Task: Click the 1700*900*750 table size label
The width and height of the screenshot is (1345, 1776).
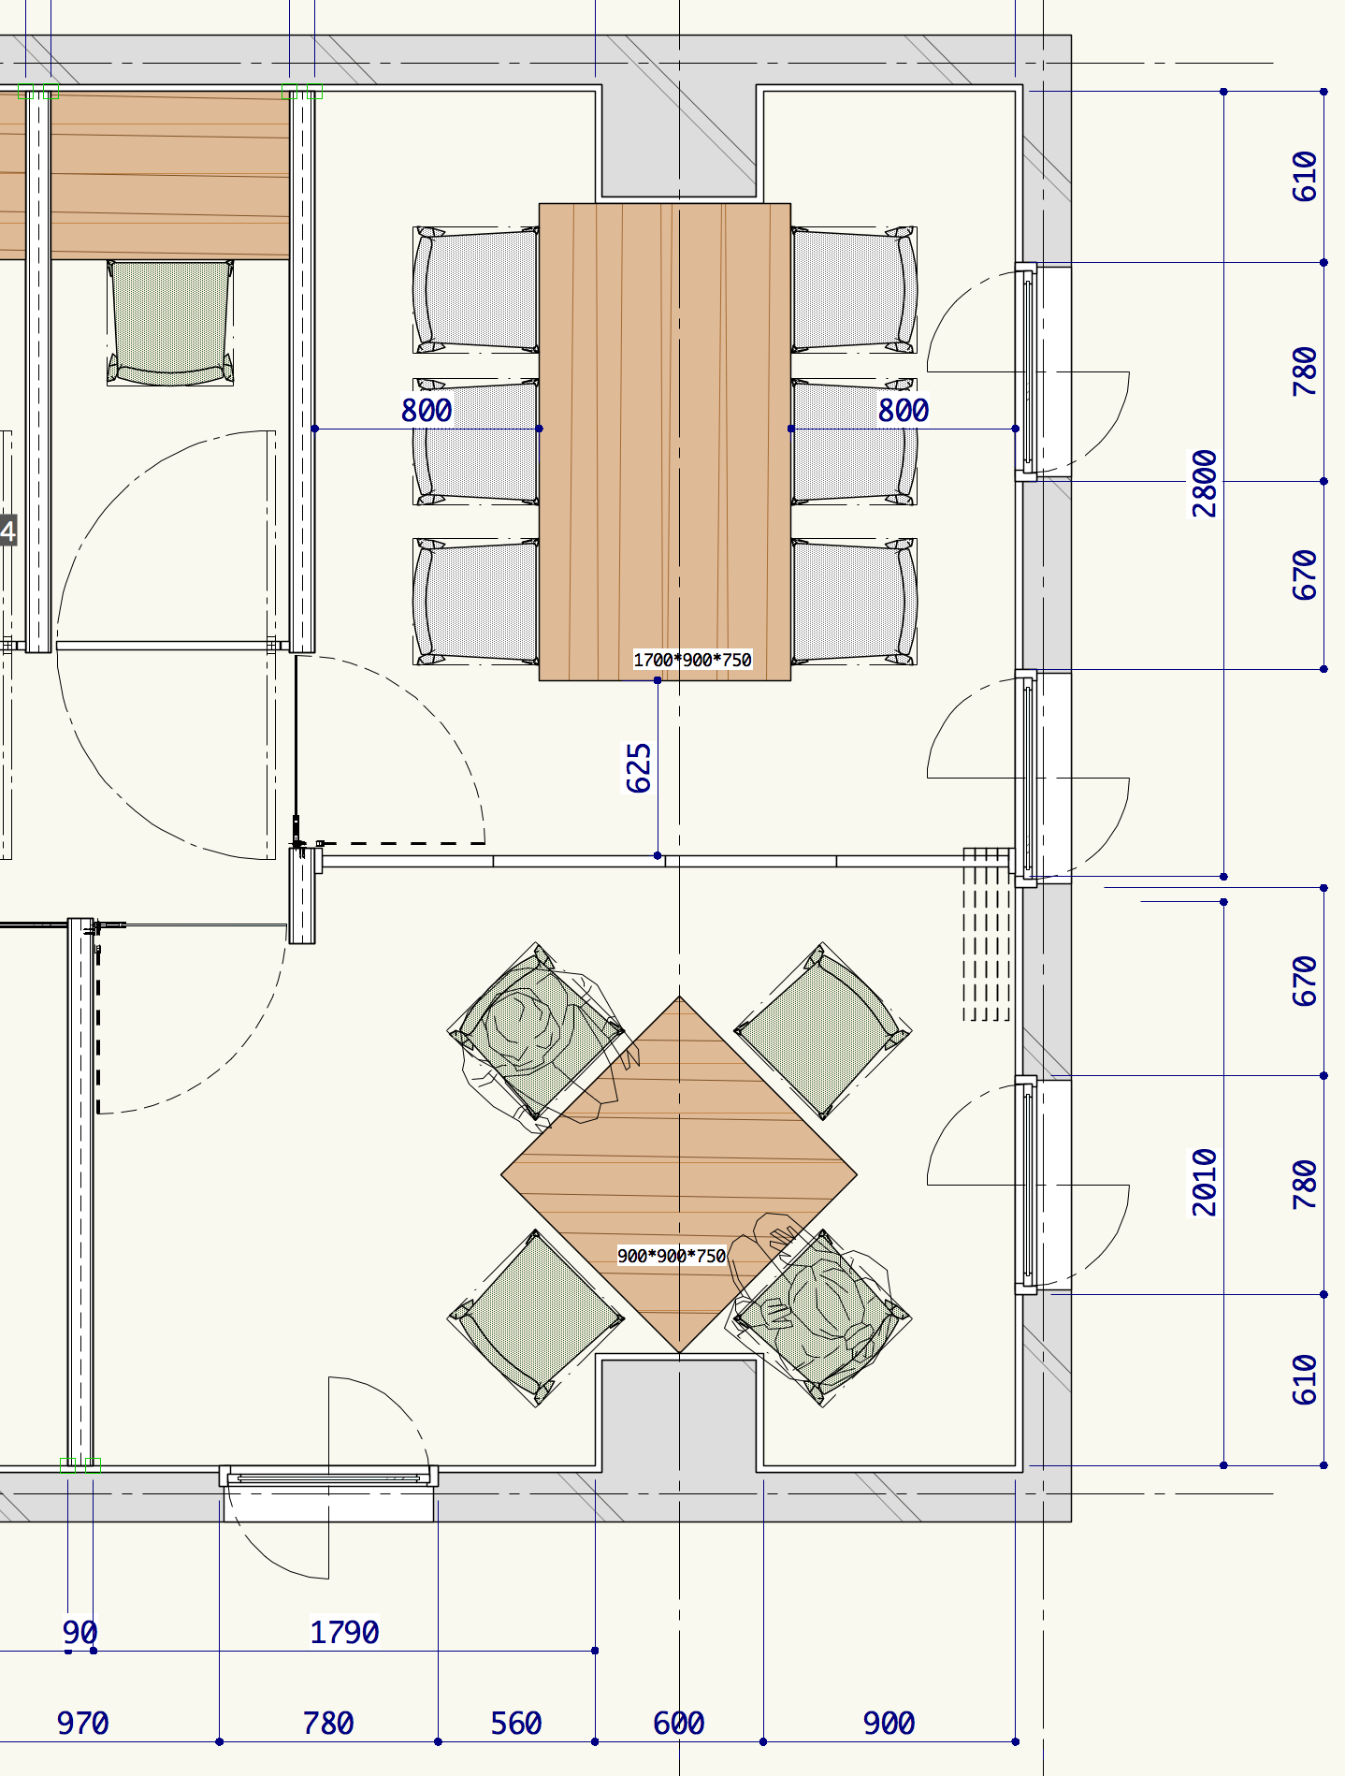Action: click(x=692, y=660)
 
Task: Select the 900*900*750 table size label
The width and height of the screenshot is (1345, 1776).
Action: click(x=672, y=1256)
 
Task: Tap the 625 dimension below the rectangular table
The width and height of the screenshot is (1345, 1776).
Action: click(x=639, y=768)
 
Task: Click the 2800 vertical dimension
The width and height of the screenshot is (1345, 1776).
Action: click(x=1205, y=484)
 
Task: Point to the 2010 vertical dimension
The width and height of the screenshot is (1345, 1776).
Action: click(x=1205, y=1183)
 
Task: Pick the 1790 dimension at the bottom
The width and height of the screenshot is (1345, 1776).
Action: click(x=344, y=1632)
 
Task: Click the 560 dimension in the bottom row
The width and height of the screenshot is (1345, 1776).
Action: click(x=516, y=1723)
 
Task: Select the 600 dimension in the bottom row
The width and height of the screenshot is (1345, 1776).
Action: click(x=679, y=1723)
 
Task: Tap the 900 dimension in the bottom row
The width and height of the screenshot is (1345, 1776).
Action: click(x=889, y=1723)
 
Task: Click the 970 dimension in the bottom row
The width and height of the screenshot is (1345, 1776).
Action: click(x=82, y=1723)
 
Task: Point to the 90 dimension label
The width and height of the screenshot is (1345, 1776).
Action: click(x=80, y=1632)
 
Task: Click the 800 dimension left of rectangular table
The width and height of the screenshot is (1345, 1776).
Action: click(x=427, y=410)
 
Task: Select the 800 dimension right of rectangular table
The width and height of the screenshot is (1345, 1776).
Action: click(x=904, y=410)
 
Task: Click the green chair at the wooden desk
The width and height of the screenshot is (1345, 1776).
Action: click(x=170, y=323)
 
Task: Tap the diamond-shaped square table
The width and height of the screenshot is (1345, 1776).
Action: click(x=679, y=1174)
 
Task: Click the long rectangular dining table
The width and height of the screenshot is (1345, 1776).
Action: click(x=665, y=442)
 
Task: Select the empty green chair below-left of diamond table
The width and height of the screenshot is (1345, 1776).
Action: click(x=536, y=1318)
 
